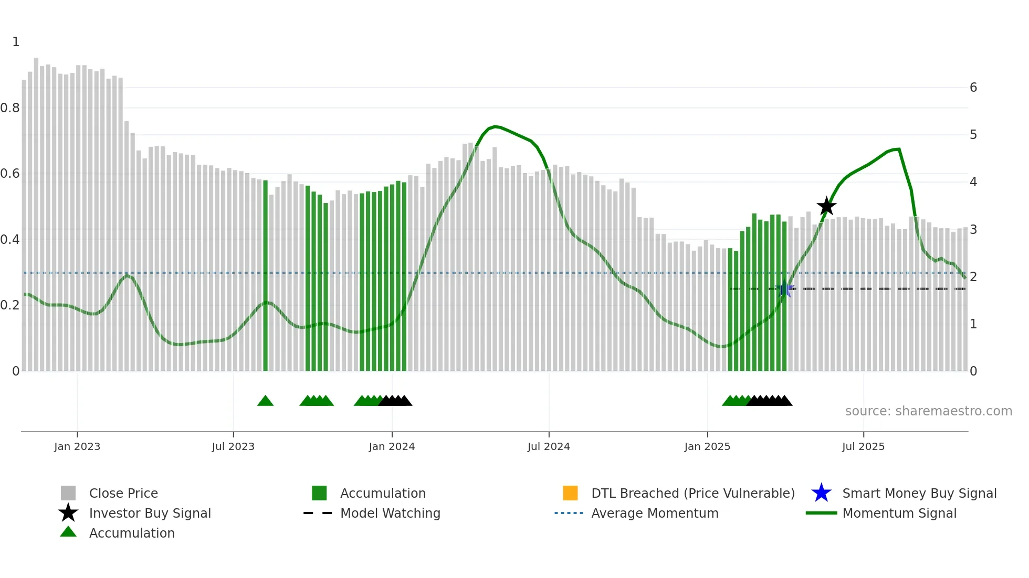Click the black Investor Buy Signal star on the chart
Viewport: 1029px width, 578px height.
[826, 206]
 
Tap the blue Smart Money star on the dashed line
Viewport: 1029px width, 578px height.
[785, 288]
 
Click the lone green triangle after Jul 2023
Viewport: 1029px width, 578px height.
[265, 401]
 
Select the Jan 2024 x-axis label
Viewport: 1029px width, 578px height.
[392, 446]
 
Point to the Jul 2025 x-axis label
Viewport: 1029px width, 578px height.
[863, 446]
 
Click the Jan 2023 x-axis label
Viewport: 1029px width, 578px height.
[77, 446]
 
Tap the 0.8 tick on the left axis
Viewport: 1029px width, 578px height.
[10, 108]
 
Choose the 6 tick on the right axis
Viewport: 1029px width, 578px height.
[973, 88]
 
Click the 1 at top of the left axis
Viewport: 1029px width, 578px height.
[16, 42]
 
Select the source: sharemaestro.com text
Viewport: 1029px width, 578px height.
[928, 411]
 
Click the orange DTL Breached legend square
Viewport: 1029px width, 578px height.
[570, 493]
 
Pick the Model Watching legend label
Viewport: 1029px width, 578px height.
[390, 513]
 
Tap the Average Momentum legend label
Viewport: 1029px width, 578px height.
[655, 513]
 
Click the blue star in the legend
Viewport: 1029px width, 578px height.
[821, 493]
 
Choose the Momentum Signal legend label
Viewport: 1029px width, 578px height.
[899, 513]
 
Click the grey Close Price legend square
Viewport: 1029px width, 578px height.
[68, 493]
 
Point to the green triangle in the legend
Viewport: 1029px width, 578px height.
[68, 532]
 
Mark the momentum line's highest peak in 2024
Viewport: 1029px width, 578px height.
[495, 126]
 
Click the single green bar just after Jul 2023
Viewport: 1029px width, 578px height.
[265, 275]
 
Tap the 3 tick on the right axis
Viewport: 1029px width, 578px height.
[973, 229]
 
